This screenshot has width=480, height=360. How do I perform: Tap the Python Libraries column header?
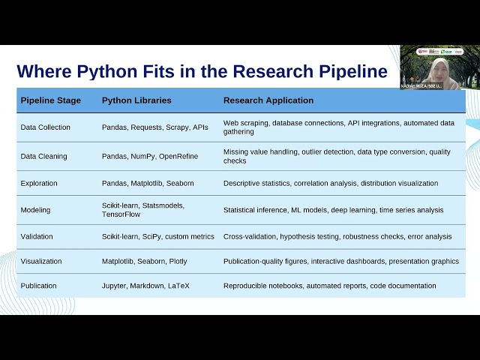(x=136, y=100)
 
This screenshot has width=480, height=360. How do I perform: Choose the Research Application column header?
(x=268, y=100)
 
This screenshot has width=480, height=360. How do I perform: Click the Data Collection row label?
(x=45, y=127)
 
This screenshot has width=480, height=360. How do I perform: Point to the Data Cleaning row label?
(x=43, y=157)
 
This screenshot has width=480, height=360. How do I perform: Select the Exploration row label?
(x=39, y=183)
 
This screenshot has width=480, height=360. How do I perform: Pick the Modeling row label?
(x=36, y=210)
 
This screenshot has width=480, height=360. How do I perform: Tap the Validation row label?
(x=37, y=237)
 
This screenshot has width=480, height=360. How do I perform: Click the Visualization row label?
(x=41, y=262)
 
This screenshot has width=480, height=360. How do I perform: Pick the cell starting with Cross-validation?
(x=337, y=237)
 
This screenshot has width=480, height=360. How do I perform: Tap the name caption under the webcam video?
(x=422, y=85)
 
